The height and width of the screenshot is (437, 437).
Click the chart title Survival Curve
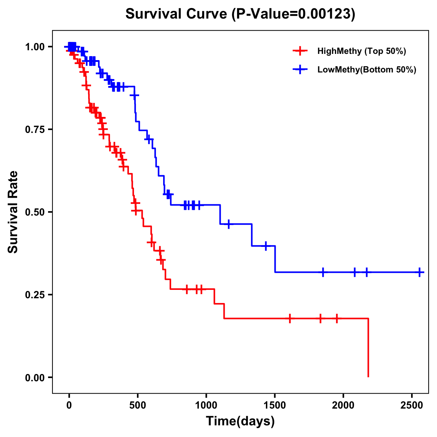click(x=240, y=14)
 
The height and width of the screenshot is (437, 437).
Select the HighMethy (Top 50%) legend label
click(x=362, y=51)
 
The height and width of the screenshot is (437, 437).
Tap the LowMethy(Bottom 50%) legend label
click(x=367, y=70)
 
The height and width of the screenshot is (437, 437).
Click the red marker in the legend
click(x=300, y=51)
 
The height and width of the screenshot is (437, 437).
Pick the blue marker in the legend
click(x=300, y=70)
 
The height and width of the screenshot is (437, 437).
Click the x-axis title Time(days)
click(x=240, y=421)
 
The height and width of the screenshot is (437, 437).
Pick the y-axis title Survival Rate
click(x=13, y=212)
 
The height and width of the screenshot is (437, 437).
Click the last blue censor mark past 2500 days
click(x=420, y=272)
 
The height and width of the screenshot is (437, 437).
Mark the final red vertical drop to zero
click(x=368, y=348)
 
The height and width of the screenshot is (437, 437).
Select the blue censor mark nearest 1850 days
click(x=323, y=272)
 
